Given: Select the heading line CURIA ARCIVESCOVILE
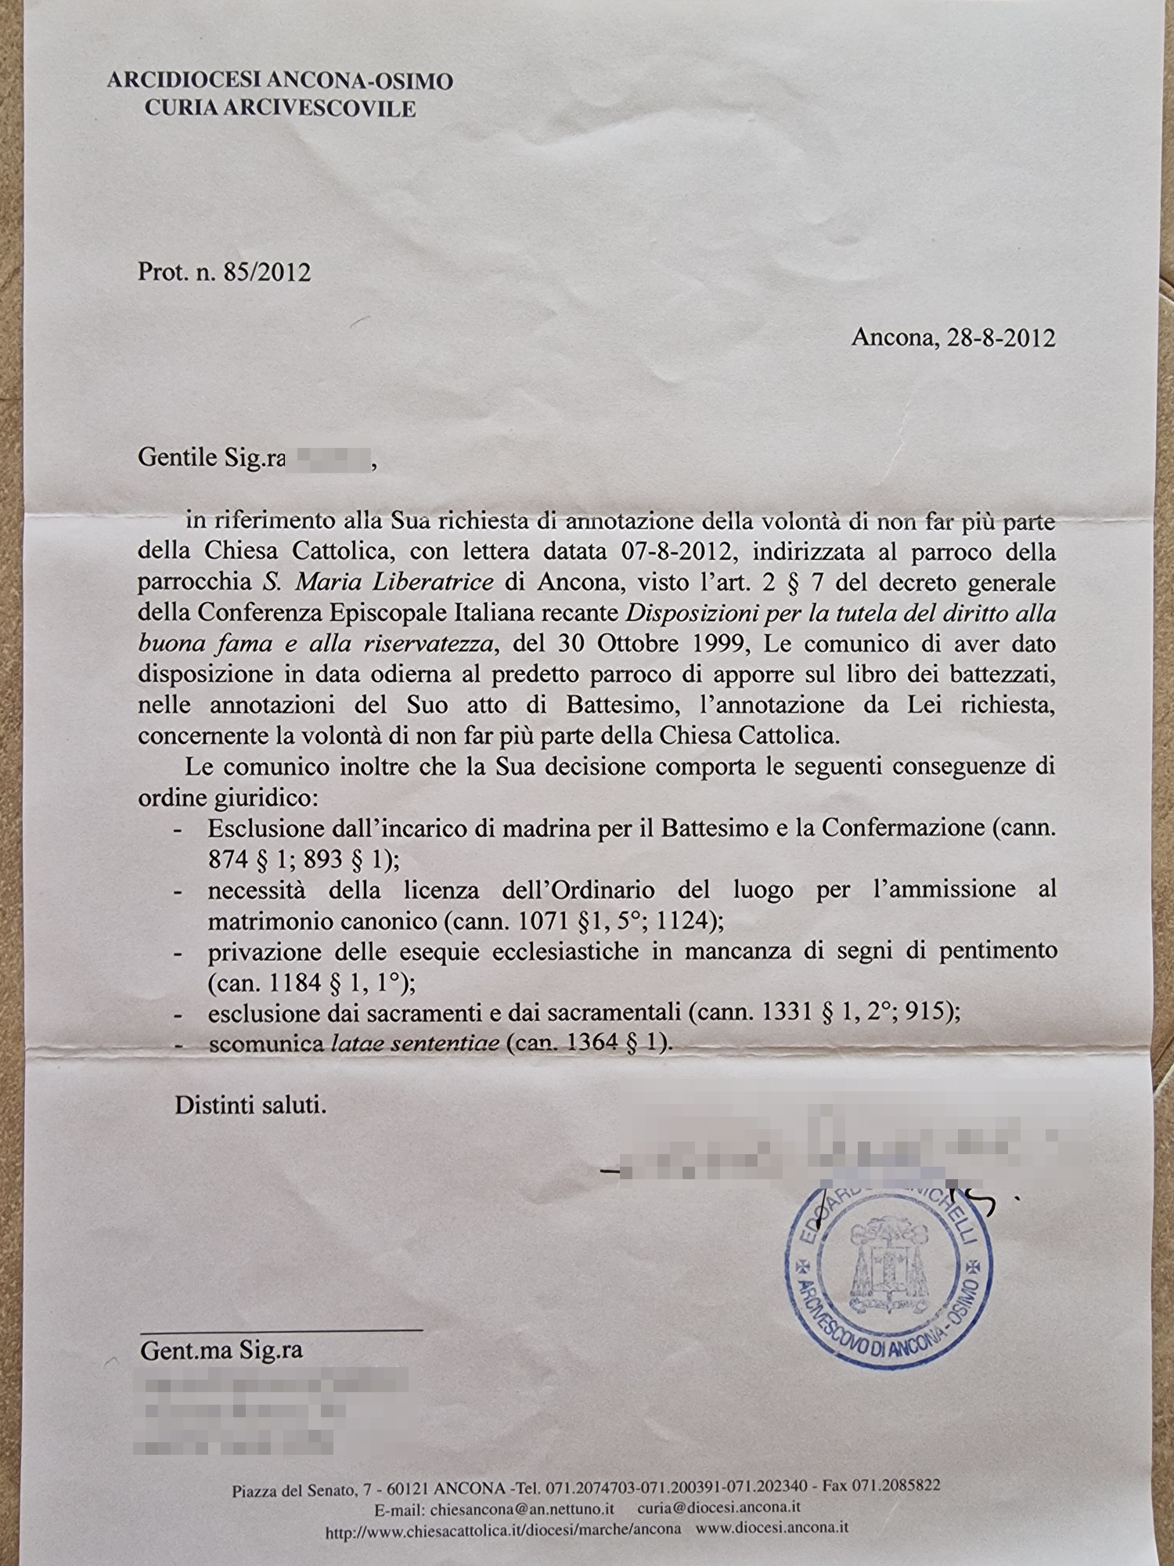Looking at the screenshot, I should [x=279, y=109].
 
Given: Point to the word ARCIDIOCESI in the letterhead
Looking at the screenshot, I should [x=185, y=81].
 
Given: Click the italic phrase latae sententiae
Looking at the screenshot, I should [x=415, y=1044].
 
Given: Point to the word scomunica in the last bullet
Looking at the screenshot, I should [x=266, y=1044].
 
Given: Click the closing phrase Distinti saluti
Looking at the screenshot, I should [x=250, y=1106].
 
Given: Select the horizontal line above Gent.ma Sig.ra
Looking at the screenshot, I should [x=282, y=1330].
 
